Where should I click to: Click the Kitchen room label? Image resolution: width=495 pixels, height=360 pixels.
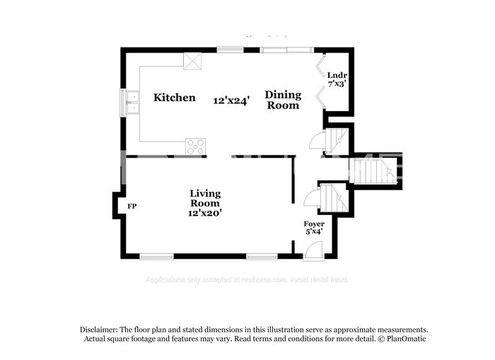(174, 98)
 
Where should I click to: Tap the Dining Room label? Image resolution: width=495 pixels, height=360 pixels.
(283, 100)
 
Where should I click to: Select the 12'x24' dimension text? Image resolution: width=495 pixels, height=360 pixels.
(231, 100)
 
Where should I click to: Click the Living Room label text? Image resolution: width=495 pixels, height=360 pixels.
(205, 198)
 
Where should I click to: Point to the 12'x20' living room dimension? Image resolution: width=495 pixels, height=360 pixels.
(205, 212)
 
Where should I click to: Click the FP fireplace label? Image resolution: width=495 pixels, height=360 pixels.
(132, 207)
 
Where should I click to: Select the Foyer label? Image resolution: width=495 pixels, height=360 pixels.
(314, 223)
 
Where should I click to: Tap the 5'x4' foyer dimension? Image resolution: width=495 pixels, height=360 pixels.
(314, 231)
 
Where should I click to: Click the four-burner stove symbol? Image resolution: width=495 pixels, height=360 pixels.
(195, 146)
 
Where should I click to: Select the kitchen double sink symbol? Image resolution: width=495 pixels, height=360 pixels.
(132, 101)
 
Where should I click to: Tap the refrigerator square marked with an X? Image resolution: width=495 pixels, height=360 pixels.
(193, 61)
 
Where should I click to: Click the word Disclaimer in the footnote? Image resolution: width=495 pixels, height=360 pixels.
(97, 330)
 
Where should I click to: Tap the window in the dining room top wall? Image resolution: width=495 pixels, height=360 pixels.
(286, 50)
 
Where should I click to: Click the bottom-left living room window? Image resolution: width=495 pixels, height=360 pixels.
(156, 256)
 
